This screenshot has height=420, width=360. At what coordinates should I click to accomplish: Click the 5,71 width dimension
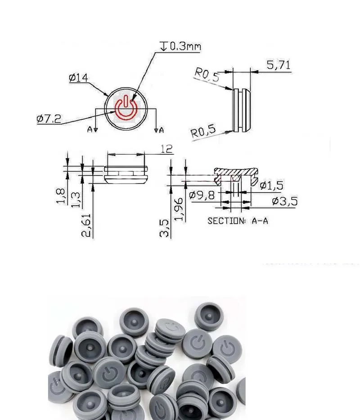point(279,65)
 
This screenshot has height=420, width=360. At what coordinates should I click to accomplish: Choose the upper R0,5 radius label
point(207,74)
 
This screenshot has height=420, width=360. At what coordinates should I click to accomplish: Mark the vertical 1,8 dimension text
point(62,196)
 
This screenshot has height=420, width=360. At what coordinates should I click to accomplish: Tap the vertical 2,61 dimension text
point(88,225)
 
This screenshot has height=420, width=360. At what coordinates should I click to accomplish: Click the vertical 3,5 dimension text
point(165,228)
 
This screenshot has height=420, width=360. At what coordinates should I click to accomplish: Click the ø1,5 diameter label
point(273,185)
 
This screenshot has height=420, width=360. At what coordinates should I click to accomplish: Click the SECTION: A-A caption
point(238,221)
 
